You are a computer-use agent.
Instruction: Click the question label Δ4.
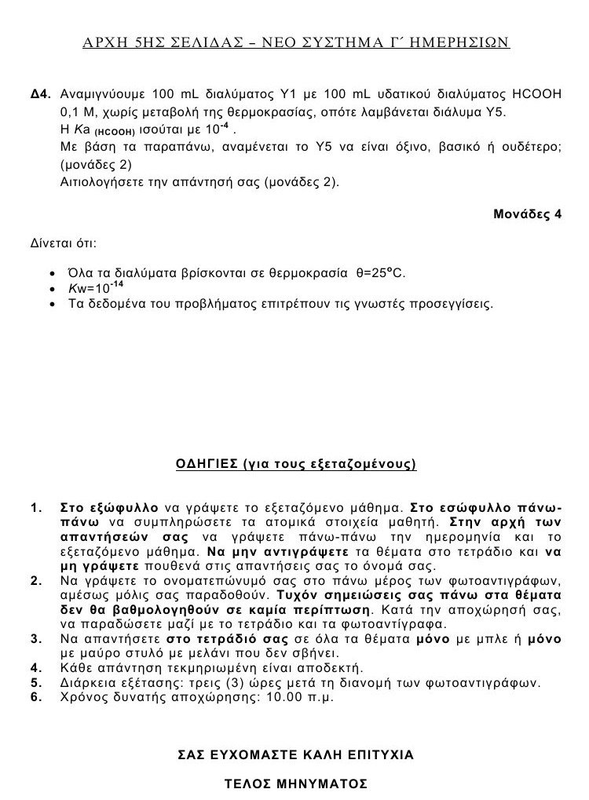point(40,94)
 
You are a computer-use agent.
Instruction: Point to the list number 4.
point(35,667)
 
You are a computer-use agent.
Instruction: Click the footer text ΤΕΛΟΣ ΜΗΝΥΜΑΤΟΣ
point(295,784)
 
